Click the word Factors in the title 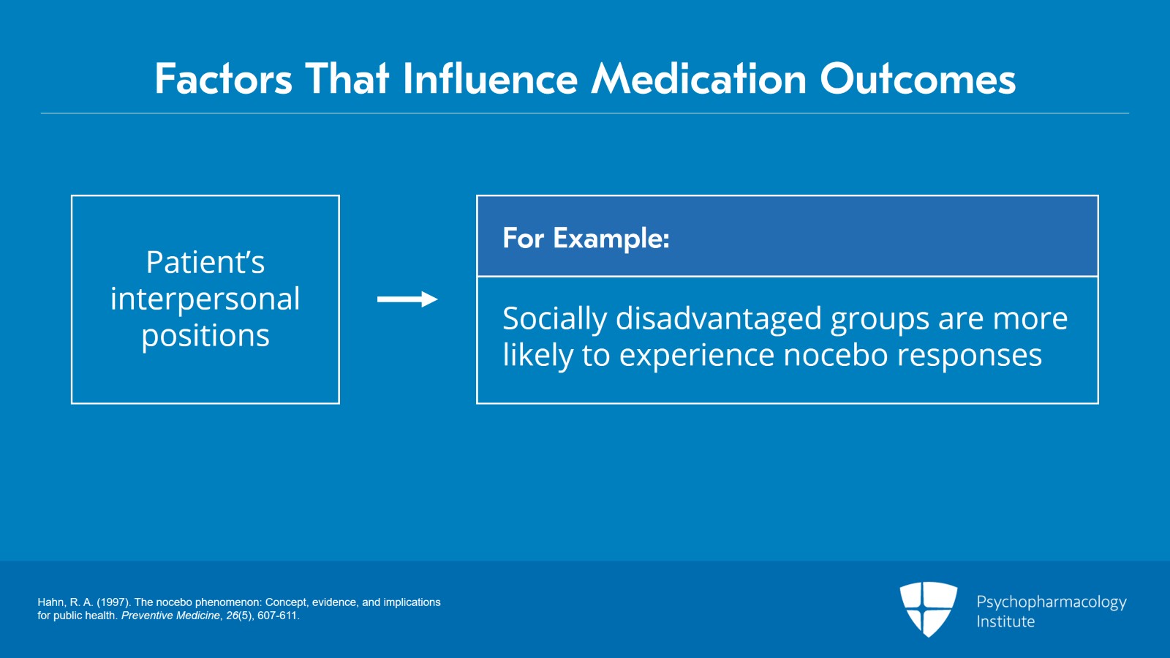(x=223, y=79)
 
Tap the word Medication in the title (x=698, y=79)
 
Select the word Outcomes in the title (x=918, y=79)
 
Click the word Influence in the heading (x=490, y=79)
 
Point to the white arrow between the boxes (x=407, y=299)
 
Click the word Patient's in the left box (x=205, y=262)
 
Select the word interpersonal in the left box (x=205, y=299)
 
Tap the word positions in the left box (x=205, y=336)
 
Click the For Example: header (x=586, y=239)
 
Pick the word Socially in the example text (x=554, y=319)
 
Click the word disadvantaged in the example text (x=719, y=319)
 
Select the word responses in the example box (x=969, y=356)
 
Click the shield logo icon (x=928, y=608)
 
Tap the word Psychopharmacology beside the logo (x=1051, y=602)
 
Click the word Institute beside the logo (x=1005, y=621)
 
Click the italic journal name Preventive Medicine (x=170, y=616)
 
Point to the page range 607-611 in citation (x=277, y=616)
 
